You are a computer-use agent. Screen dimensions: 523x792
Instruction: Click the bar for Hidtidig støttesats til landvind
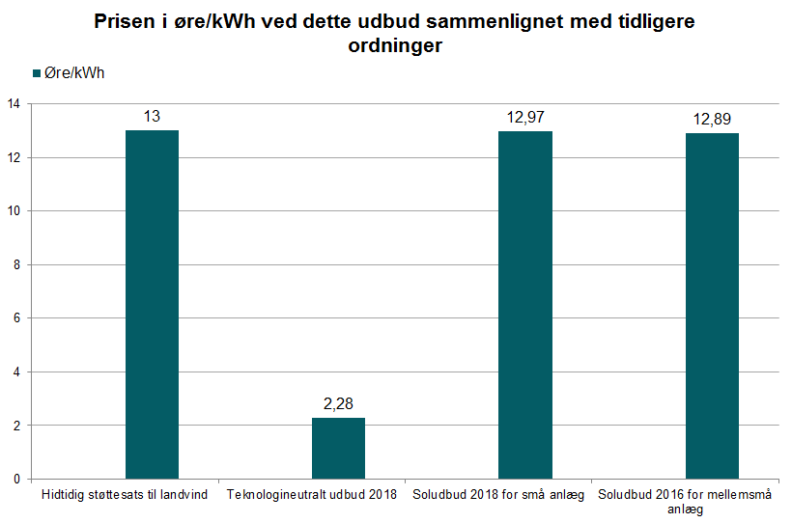pos(152,304)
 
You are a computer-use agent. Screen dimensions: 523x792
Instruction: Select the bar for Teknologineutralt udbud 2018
pos(338,448)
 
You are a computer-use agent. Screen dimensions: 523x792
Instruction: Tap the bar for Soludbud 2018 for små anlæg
pos(524,305)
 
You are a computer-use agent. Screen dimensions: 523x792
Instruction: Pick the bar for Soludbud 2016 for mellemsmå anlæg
pos(712,306)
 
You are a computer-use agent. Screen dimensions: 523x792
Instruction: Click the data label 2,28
pos(338,403)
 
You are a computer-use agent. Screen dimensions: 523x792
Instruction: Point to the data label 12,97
pos(525,117)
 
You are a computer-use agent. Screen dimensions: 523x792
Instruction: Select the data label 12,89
pos(712,119)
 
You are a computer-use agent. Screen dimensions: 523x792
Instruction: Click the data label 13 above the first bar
pos(152,116)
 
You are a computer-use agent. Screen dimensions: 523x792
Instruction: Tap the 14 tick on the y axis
pos(14,104)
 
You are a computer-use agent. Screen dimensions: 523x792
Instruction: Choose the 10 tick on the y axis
pos(14,211)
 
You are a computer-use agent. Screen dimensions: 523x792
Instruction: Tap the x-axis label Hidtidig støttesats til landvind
pos(125,495)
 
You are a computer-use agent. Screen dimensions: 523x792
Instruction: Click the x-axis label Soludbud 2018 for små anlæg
pos(498,495)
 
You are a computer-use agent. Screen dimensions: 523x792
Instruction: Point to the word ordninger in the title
pos(396,46)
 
